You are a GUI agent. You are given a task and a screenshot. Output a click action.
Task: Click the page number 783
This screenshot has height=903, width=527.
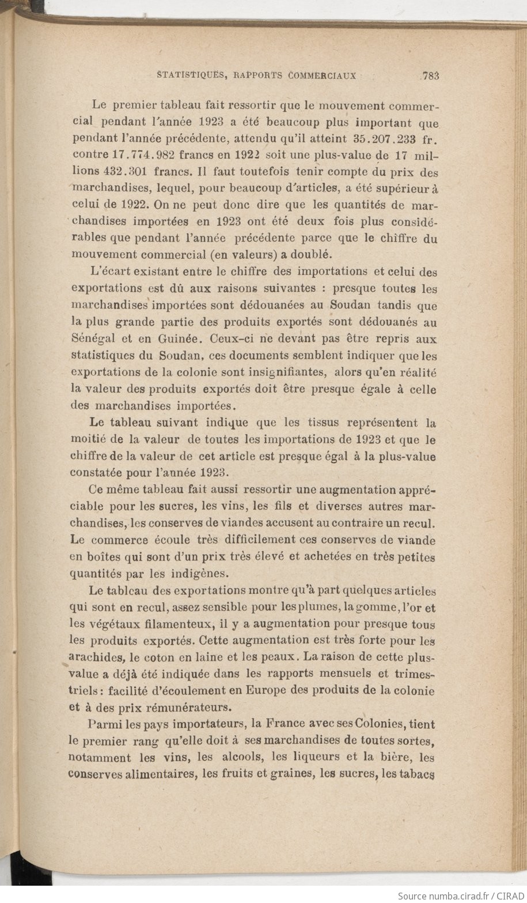431,75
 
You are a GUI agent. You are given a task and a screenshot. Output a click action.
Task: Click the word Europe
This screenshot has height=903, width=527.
269,690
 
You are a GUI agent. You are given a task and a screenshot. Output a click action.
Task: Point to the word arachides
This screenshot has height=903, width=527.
94,657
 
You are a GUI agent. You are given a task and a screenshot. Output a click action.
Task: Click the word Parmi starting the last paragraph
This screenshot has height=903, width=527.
104,724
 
